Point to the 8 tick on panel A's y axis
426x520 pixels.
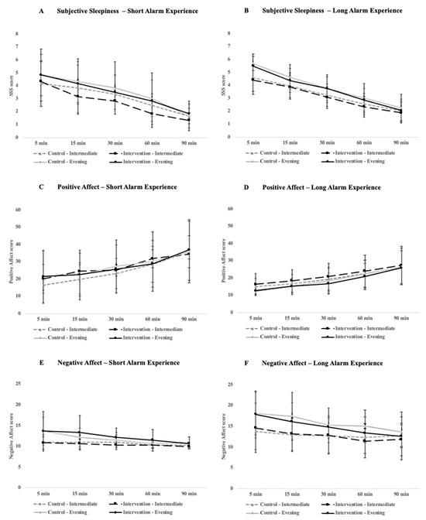point(17,33)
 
